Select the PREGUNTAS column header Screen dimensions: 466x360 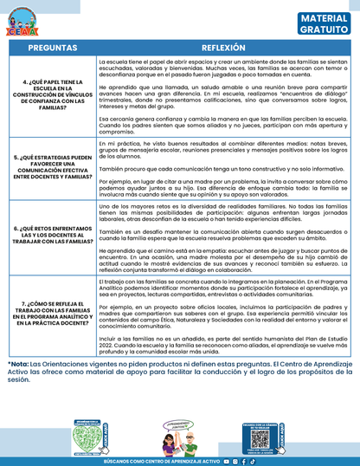(x=50, y=48)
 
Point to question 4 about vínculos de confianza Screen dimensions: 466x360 (x=50, y=99)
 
